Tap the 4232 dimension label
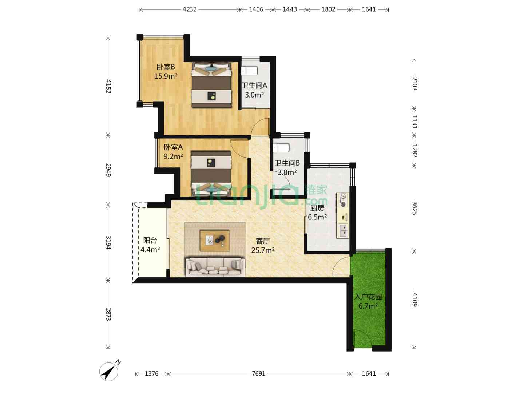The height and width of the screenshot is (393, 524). (x=190, y=9)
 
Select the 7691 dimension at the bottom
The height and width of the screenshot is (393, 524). (x=258, y=373)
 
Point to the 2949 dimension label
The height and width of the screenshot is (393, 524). (x=108, y=170)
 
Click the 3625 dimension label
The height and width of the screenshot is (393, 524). (x=414, y=208)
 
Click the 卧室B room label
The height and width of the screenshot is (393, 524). (x=166, y=67)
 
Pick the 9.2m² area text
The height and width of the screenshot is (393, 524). (x=173, y=156)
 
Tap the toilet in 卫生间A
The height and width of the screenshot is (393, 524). (x=250, y=71)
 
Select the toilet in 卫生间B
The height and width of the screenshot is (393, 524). (x=281, y=147)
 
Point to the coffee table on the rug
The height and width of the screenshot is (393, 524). (x=215, y=240)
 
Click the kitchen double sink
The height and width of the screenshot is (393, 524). (x=343, y=231)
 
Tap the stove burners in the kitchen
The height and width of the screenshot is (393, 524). (x=343, y=201)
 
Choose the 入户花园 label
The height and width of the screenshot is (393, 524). (x=368, y=297)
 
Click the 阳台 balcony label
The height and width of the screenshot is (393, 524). (x=150, y=240)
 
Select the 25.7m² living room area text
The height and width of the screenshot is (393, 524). (x=263, y=250)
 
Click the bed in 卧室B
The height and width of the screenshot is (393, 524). (x=212, y=85)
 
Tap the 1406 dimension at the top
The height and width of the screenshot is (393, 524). (x=256, y=9)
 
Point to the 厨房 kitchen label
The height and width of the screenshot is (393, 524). (x=317, y=208)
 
